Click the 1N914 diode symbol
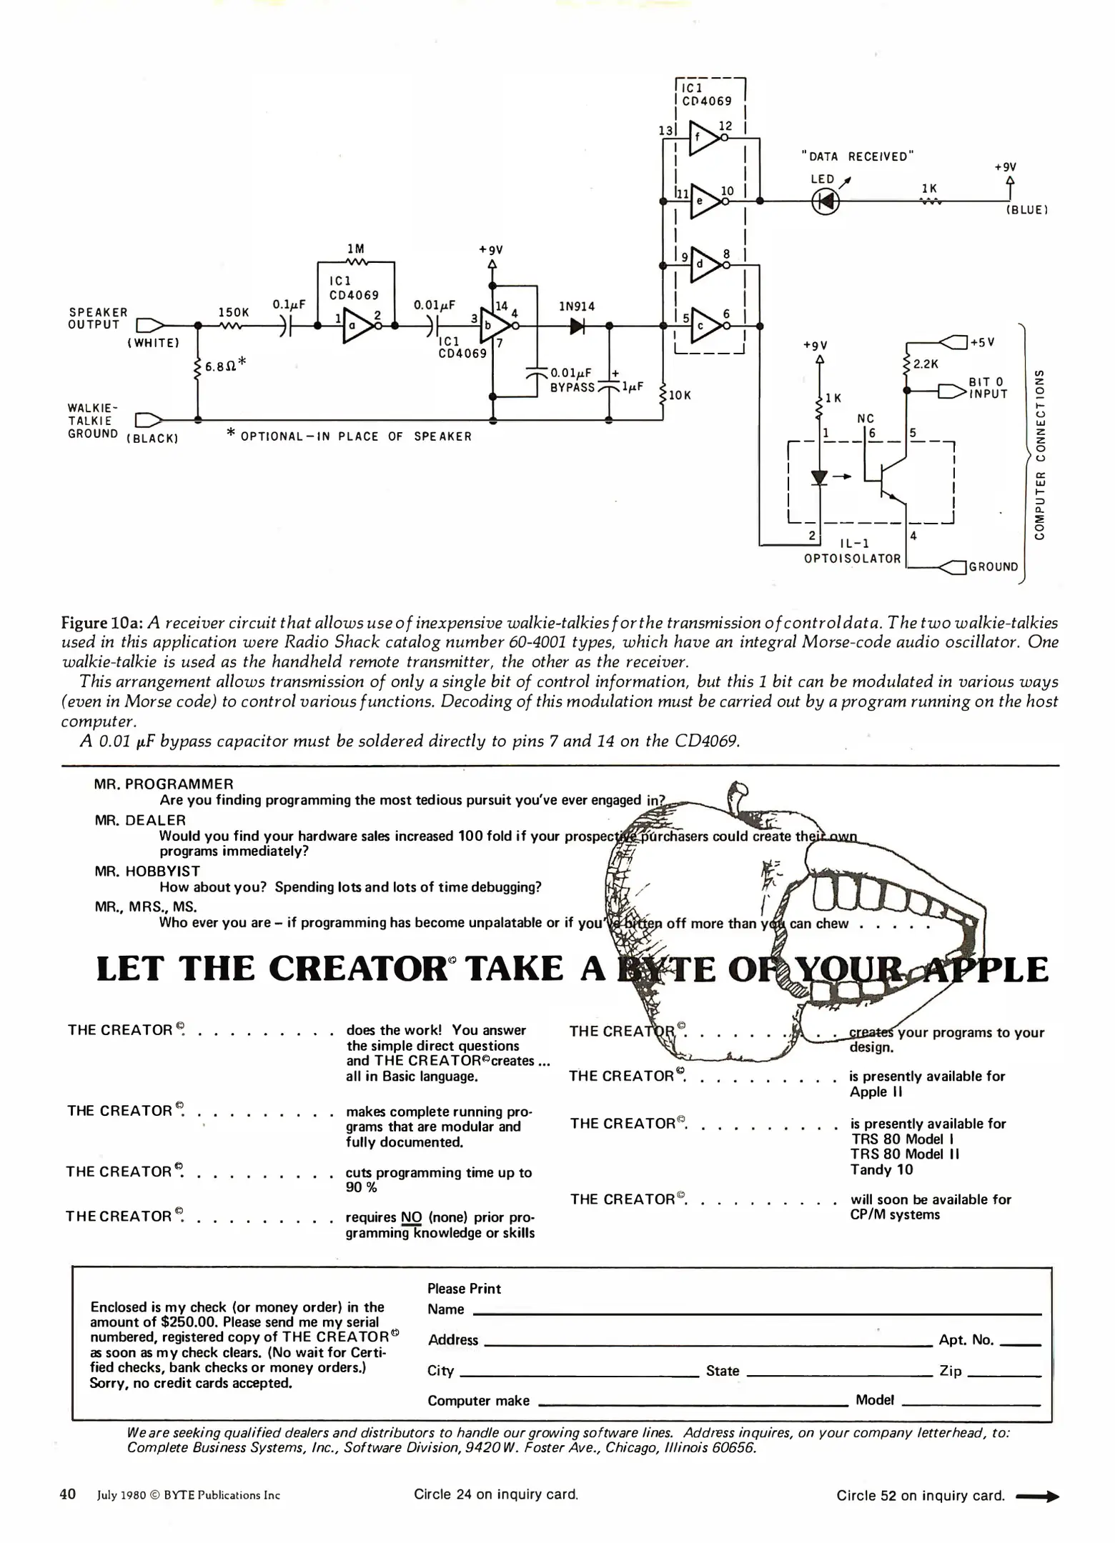point(577,326)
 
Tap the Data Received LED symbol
point(826,202)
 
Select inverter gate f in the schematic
point(704,137)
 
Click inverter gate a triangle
point(357,326)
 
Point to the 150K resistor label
point(234,312)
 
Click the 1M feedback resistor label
point(355,249)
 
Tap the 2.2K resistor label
point(926,364)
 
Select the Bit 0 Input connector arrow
point(951,391)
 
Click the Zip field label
point(950,1371)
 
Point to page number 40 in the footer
point(67,1494)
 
